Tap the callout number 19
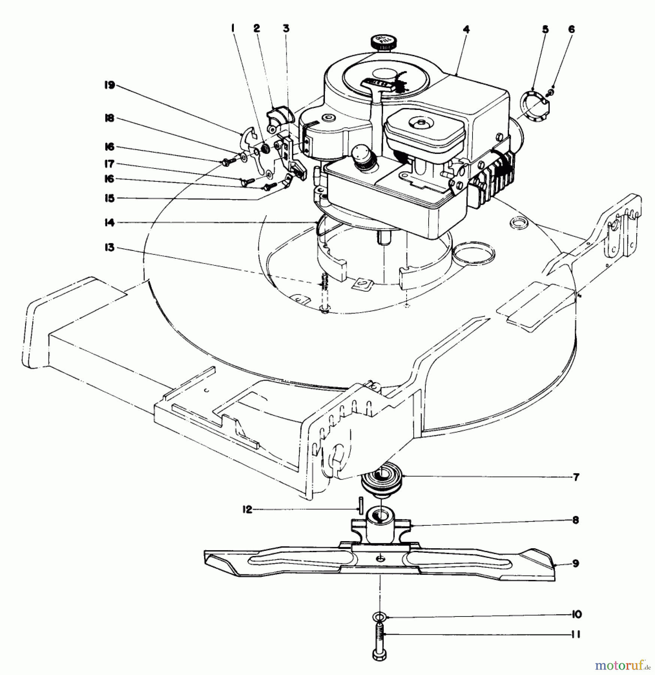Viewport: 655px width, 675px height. [109, 85]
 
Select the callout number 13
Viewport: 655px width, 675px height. [109, 248]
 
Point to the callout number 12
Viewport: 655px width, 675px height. [247, 510]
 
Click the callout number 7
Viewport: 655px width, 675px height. [576, 477]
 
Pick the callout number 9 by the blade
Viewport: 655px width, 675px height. [576, 563]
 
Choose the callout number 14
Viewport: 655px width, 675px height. [109, 223]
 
